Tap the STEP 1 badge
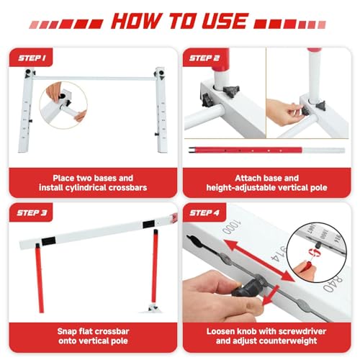30,58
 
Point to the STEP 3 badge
30,214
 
